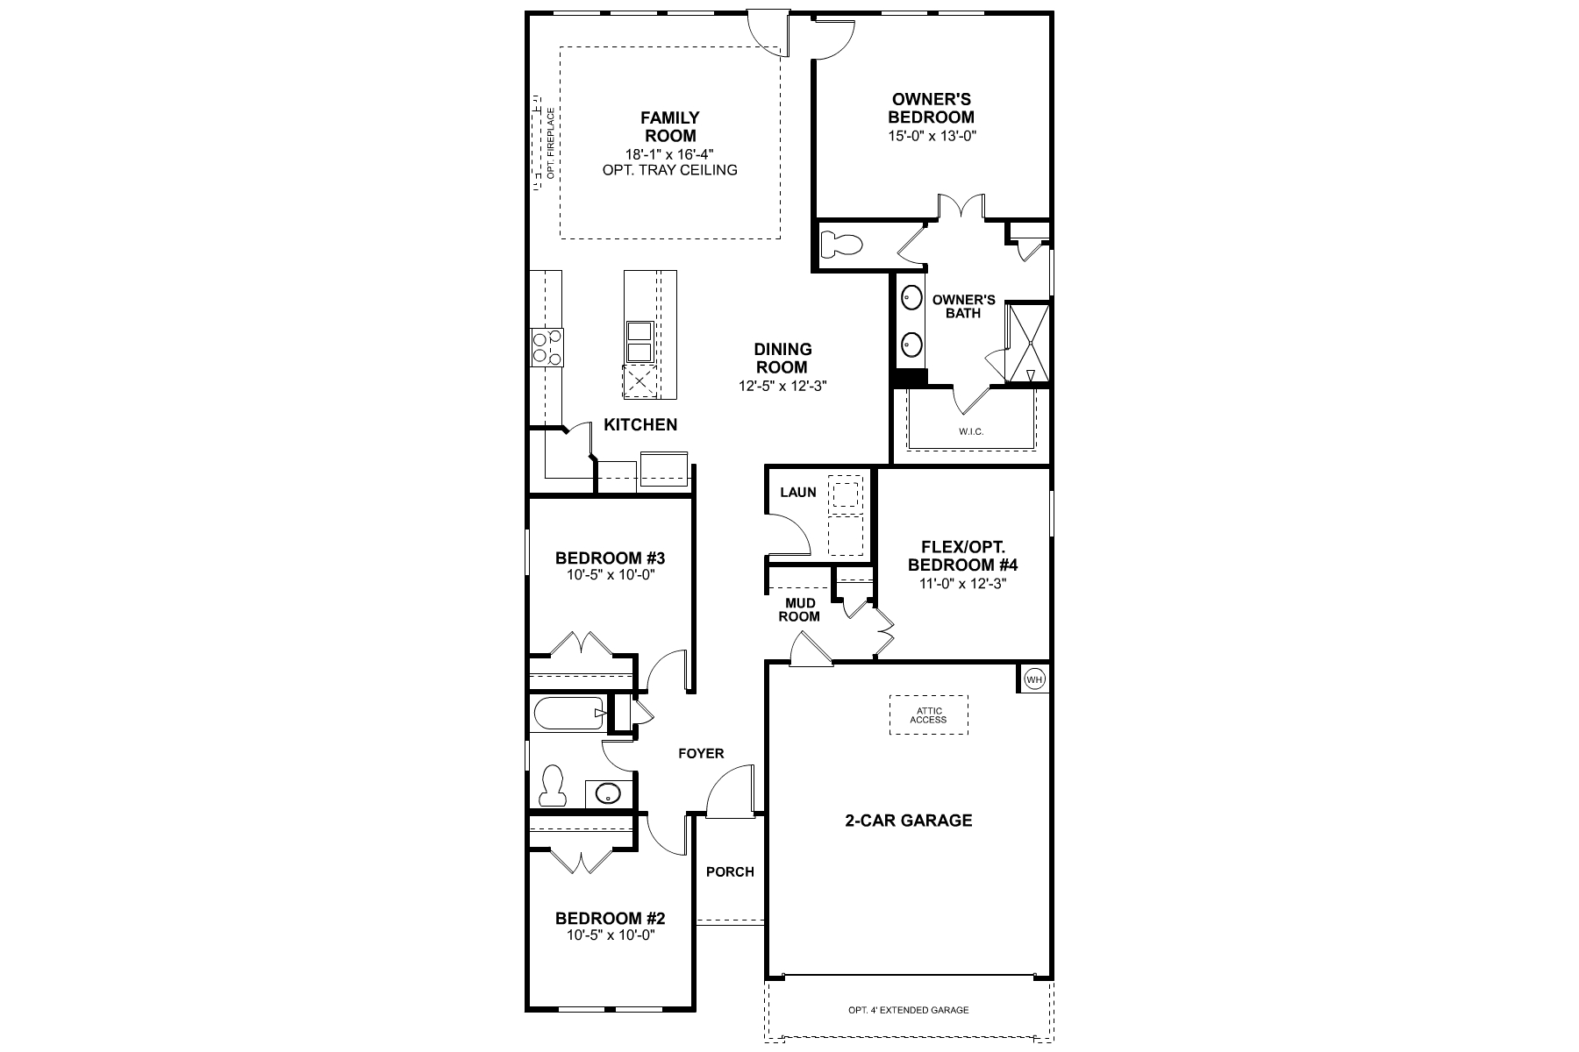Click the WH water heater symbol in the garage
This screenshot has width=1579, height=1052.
click(x=1034, y=679)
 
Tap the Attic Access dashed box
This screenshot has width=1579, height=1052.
click(x=928, y=714)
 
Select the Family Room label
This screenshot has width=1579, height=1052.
click(x=670, y=127)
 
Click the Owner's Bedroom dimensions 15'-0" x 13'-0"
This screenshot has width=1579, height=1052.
click(x=932, y=137)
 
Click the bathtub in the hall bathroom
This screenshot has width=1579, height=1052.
click(x=568, y=714)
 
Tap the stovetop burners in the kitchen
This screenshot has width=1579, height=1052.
click(x=547, y=346)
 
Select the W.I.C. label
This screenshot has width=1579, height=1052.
click(x=970, y=432)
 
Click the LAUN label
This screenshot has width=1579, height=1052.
click(x=798, y=493)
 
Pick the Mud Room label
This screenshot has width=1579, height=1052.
click(x=800, y=609)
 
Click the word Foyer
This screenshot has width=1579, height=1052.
click(x=701, y=754)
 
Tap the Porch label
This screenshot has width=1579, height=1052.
click(x=730, y=871)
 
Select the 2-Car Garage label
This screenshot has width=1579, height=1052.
click(x=908, y=821)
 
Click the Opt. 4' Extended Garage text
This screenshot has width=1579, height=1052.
click(x=908, y=1010)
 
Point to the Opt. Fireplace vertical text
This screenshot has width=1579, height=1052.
click(x=551, y=145)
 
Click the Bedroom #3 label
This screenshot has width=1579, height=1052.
click(x=611, y=558)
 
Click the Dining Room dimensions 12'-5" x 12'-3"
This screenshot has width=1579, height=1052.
click(x=782, y=386)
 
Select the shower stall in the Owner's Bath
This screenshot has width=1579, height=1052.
click(x=1027, y=343)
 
